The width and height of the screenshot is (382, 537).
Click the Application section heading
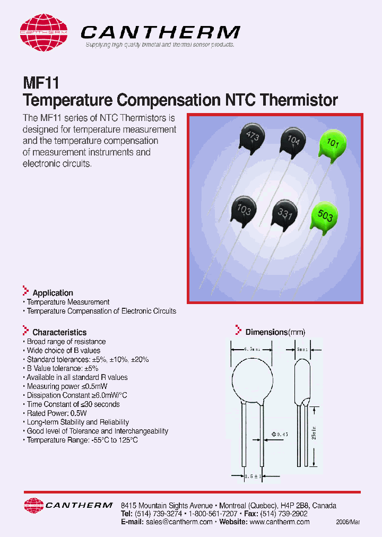[x=53, y=293]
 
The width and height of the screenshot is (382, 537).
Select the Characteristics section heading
[x=59, y=333]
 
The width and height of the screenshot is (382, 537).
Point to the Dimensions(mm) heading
[x=275, y=333]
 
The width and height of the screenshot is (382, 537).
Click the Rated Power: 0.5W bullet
[x=56, y=413]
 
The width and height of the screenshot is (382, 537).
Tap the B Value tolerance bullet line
[x=63, y=368]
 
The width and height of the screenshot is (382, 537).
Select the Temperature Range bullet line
[x=82, y=440]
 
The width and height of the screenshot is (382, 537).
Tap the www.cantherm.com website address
[x=279, y=522]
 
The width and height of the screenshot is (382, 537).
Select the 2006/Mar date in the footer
[x=348, y=523]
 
